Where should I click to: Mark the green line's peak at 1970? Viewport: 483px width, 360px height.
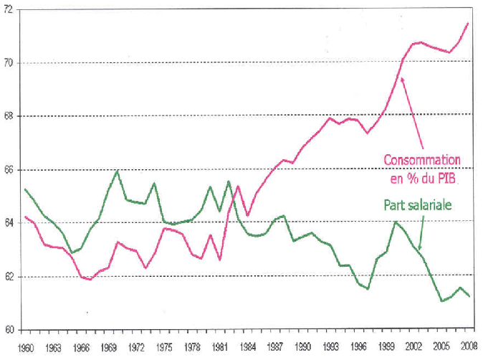(x=118, y=171)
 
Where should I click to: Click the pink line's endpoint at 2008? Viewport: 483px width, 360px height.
(x=469, y=23)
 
